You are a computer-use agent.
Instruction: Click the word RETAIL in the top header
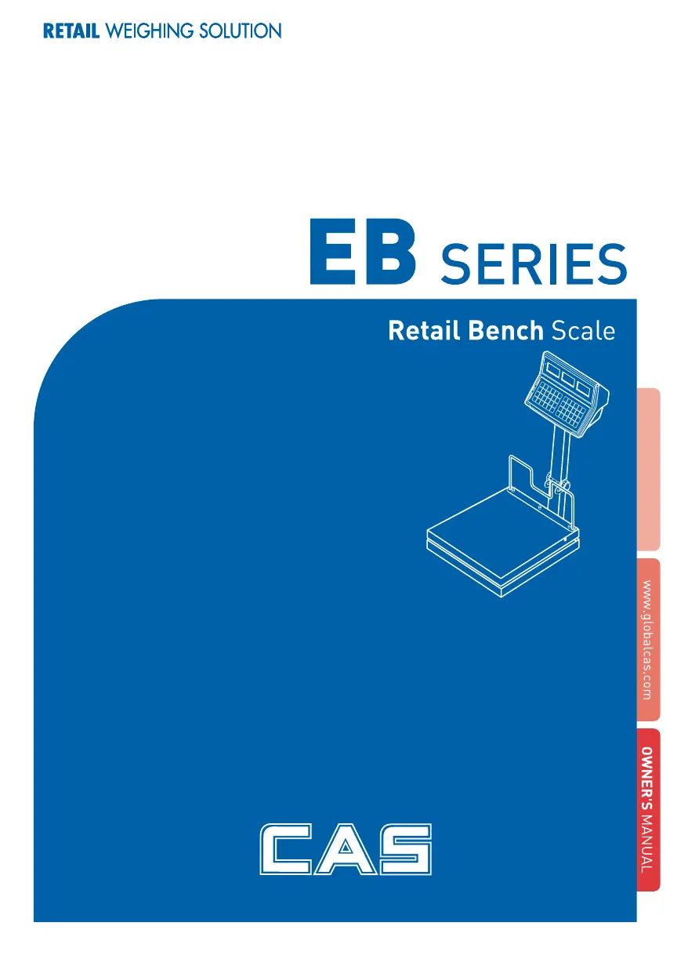coord(71,31)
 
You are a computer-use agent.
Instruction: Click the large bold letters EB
coord(360,254)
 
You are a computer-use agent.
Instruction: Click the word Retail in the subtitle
coord(424,331)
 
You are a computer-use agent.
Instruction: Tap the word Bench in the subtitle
coord(505,331)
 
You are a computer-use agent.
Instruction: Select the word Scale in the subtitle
coord(583,331)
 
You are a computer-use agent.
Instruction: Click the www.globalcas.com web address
coord(646,639)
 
